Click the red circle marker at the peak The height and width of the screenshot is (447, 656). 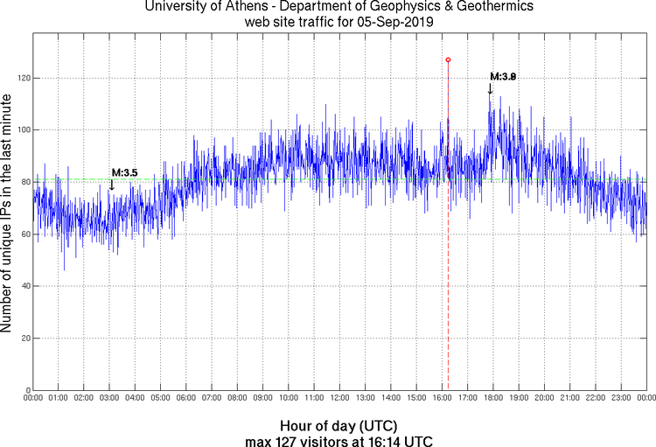coord(448,59)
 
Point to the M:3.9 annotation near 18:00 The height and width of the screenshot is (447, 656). coord(503,77)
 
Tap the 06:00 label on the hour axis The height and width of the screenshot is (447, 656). coord(186,398)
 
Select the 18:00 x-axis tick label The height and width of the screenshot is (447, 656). coord(493,398)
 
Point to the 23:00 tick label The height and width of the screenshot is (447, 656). coord(621,398)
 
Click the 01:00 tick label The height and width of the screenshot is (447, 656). coord(59,398)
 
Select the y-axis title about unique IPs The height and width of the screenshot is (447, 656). coord(9,210)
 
